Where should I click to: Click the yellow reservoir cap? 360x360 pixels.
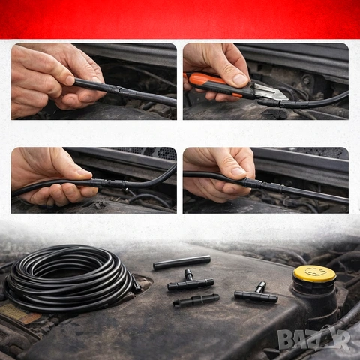[x=314, y=274]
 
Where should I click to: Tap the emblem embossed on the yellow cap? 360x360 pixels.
[x=314, y=271]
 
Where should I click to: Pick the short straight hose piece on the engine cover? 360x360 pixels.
[x=181, y=262]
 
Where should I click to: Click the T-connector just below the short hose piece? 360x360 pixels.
[x=190, y=281]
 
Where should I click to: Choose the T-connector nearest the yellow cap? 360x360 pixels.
[x=256, y=293]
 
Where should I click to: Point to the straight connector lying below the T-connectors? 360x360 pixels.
[x=196, y=299]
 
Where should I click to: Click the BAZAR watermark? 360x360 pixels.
[x=314, y=339]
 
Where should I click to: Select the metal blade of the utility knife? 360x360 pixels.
[x=272, y=91]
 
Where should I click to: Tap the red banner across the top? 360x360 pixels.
[x=180, y=19]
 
